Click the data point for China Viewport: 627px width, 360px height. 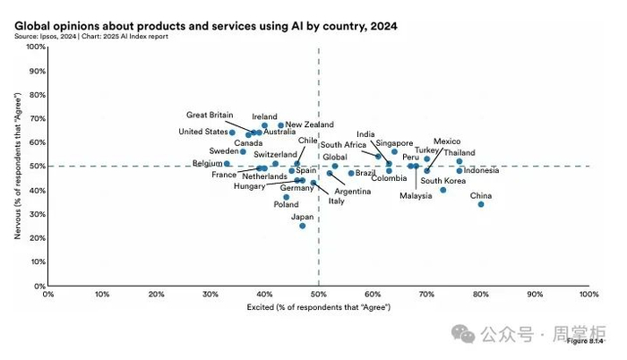[x=481, y=204]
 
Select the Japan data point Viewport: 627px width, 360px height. [x=303, y=226]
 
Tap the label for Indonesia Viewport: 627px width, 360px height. [x=482, y=170]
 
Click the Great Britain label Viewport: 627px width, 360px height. [x=210, y=115]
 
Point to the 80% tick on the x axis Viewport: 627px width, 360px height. [x=481, y=294]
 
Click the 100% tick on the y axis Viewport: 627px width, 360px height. [x=35, y=47]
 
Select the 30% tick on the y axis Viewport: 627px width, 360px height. [x=37, y=214]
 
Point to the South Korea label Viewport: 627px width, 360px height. [x=443, y=181]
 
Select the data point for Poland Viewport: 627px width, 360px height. [x=287, y=197]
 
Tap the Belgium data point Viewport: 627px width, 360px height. [x=228, y=164]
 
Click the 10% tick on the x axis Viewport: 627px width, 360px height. [x=102, y=294]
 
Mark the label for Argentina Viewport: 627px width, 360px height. [x=353, y=192]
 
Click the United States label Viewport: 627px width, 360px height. [x=203, y=133]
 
